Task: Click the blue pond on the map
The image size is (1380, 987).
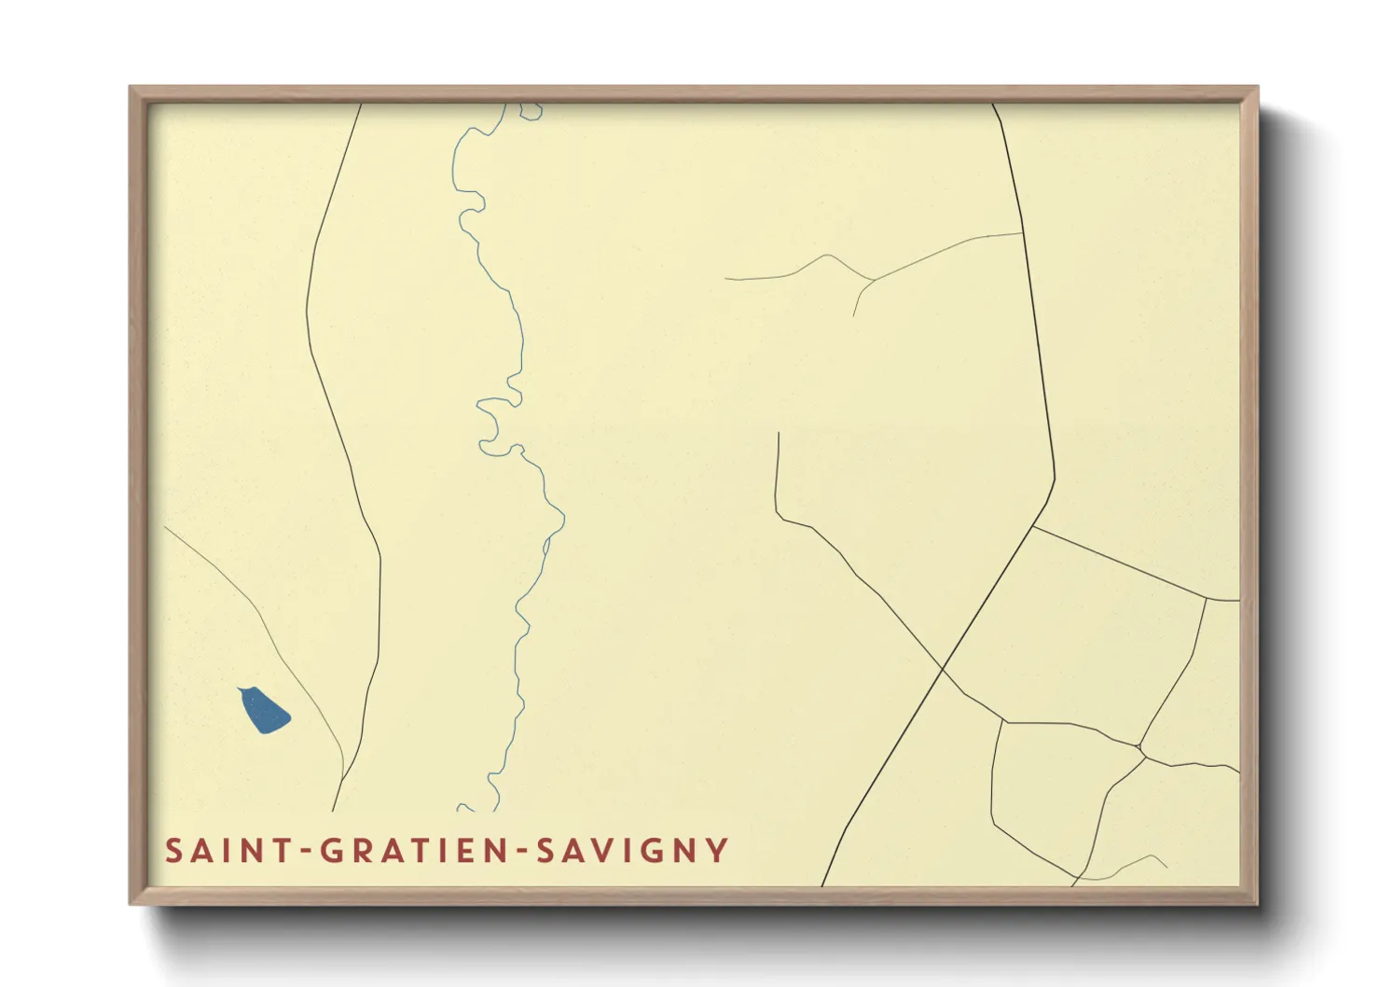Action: (266, 712)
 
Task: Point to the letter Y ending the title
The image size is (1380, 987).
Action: (716, 851)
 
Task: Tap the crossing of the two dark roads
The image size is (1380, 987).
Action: (944, 669)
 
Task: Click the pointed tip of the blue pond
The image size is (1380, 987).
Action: (241, 689)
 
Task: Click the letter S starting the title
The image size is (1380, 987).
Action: (174, 851)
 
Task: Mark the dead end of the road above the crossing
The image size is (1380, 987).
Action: (779, 434)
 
